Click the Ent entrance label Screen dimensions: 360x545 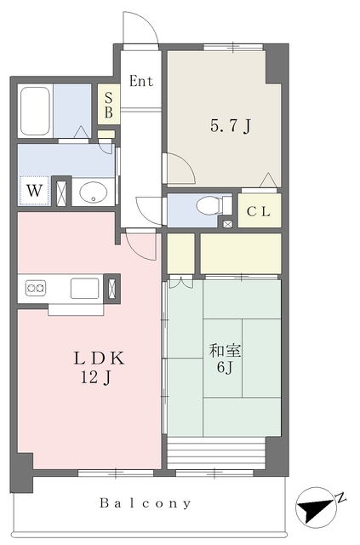[x=141, y=81]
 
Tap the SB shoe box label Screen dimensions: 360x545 [x=108, y=105]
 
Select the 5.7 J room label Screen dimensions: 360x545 [x=231, y=125]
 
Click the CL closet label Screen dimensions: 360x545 [x=259, y=211]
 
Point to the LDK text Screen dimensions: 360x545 [x=99, y=359]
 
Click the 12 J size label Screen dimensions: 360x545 [x=96, y=377]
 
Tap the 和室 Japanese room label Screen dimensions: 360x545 [x=226, y=351]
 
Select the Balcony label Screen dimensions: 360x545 [x=146, y=503]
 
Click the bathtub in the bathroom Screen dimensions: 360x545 [x=35, y=111]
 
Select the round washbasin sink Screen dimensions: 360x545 [x=93, y=192]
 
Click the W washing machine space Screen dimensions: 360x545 [x=34, y=191]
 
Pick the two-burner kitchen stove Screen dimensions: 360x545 [x=36, y=288]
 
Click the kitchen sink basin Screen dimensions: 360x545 [x=85, y=288]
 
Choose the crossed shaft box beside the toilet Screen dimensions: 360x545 [x=227, y=224]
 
